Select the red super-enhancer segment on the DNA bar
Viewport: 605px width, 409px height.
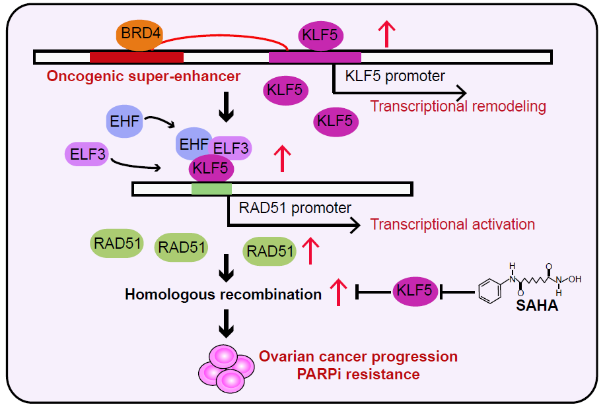click(x=136, y=57)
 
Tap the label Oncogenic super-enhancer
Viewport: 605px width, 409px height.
click(x=143, y=77)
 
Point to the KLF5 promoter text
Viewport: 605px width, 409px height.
click(x=395, y=75)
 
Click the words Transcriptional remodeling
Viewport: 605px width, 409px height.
click(x=458, y=106)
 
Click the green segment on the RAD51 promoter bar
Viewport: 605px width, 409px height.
click(x=211, y=189)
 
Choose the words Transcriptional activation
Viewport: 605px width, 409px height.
click(x=452, y=224)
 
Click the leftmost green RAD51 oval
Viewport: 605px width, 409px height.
click(x=117, y=243)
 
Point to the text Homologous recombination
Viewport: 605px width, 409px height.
click(x=223, y=294)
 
